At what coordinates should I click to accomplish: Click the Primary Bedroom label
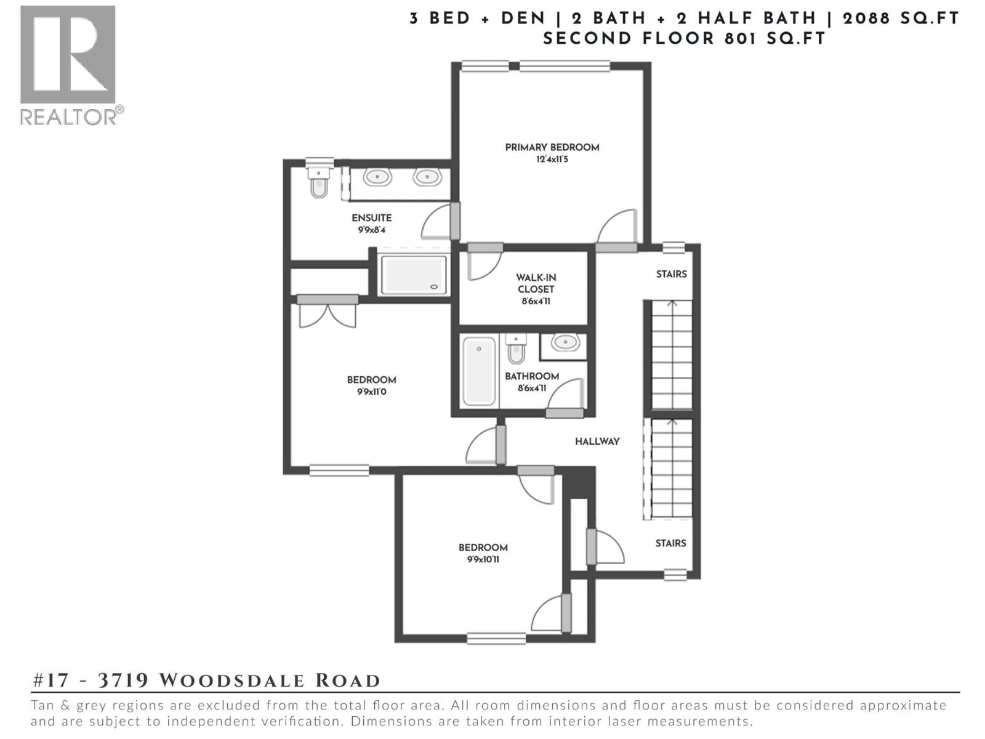(x=552, y=147)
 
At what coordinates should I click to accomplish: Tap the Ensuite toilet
(x=318, y=183)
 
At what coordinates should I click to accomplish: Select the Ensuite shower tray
(x=413, y=275)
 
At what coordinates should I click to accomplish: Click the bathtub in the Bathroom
(x=480, y=371)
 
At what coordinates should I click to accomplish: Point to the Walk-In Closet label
(x=536, y=283)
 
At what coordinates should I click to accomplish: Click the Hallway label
(x=597, y=441)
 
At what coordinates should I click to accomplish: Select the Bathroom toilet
(x=516, y=350)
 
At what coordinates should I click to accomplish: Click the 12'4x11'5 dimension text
(x=552, y=160)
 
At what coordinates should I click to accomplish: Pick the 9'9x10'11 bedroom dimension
(x=483, y=560)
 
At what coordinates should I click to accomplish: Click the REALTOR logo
(x=68, y=65)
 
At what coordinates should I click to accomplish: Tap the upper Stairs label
(x=671, y=274)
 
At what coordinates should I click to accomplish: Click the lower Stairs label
(x=670, y=543)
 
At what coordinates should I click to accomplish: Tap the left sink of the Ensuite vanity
(x=377, y=177)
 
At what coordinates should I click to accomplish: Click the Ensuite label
(x=371, y=217)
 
